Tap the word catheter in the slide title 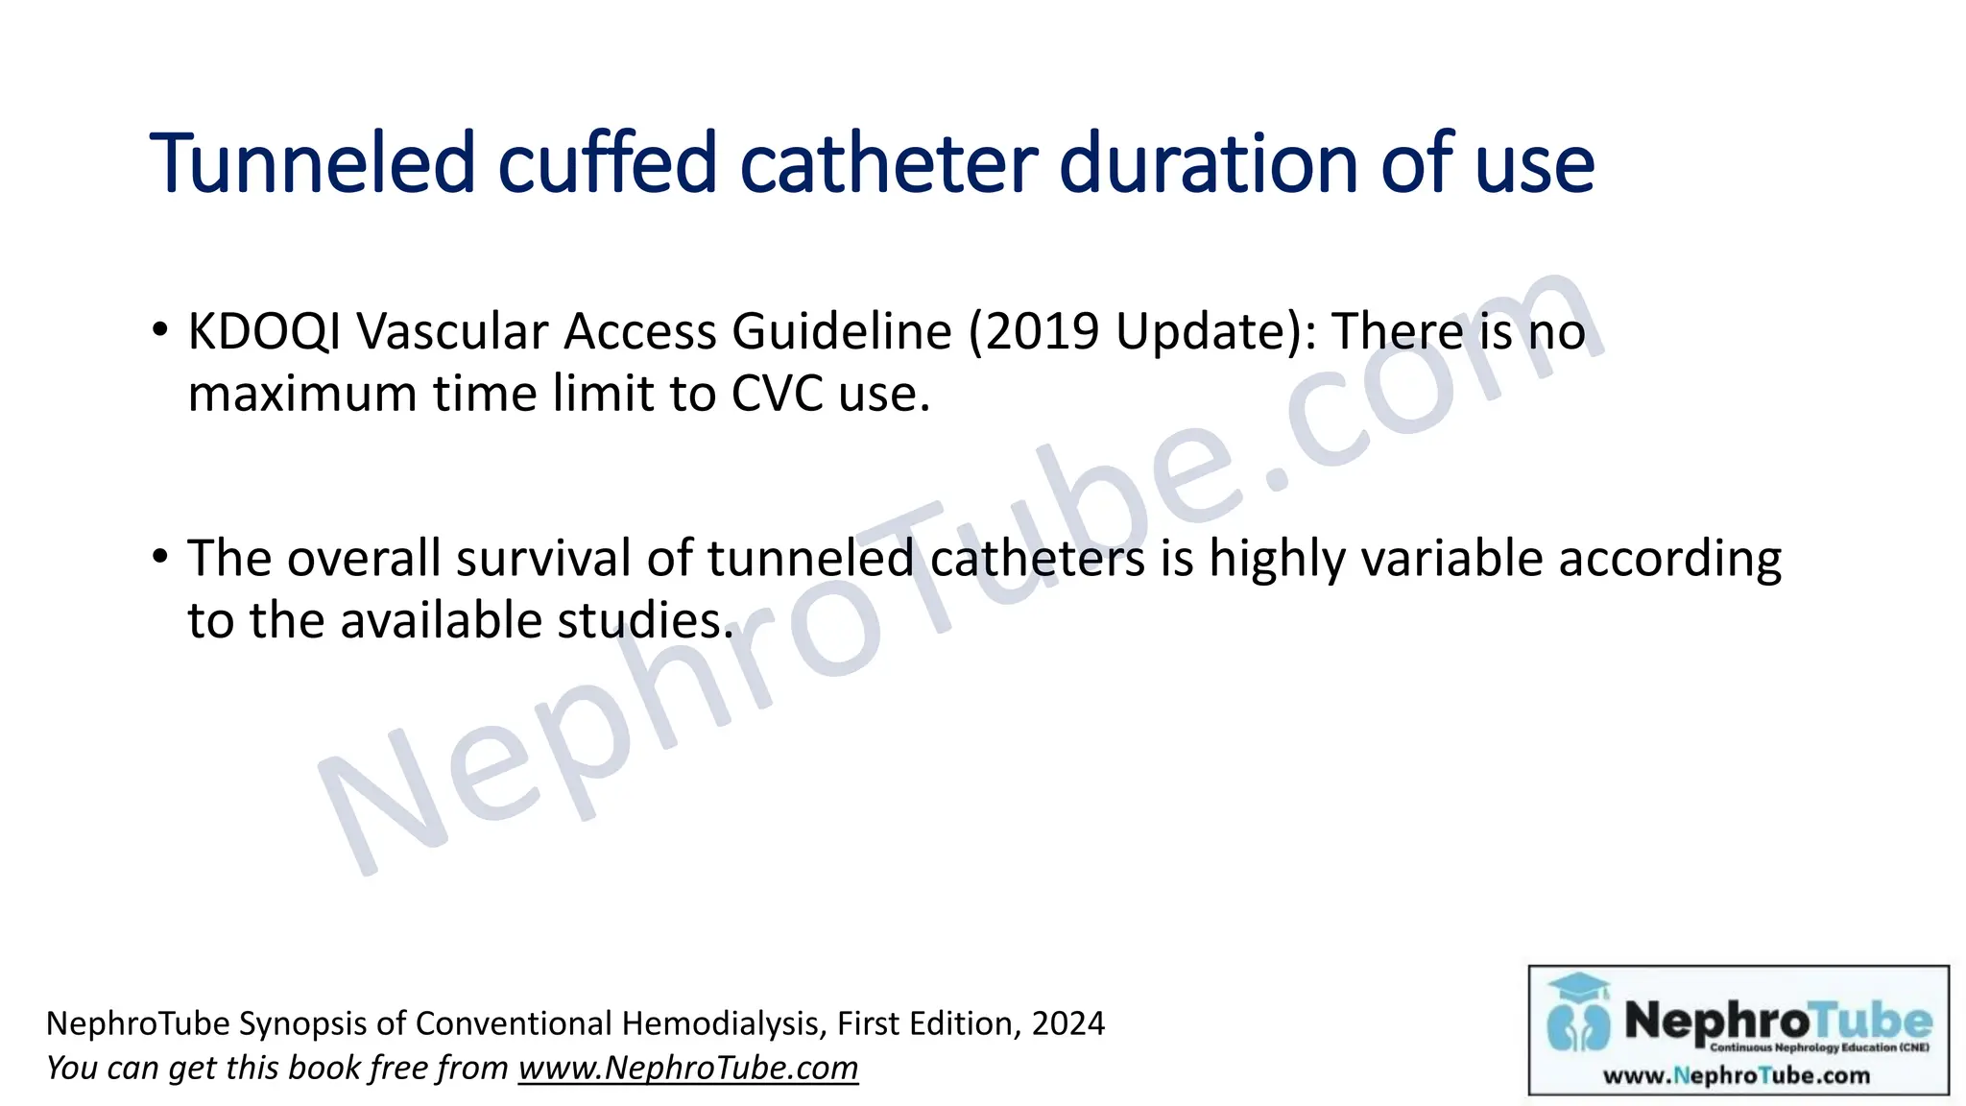[x=889, y=163]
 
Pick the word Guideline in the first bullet [x=842, y=332]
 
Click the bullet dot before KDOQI [x=160, y=329]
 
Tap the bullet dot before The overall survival [x=160, y=556]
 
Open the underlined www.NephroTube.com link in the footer [x=688, y=1068]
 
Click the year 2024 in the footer [x=1068, y=1023]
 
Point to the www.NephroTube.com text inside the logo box [x=1737, y=1075]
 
